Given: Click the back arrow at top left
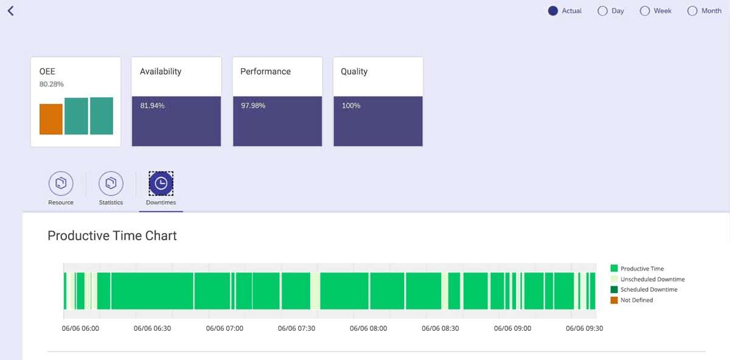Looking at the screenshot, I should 10,11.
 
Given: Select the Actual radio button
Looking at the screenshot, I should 553,11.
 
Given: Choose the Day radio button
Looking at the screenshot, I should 603,11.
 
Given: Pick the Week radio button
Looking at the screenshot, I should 645,11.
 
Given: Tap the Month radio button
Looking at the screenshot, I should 692,11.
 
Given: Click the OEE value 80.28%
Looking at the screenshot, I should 52,84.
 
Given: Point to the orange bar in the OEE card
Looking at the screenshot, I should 51,119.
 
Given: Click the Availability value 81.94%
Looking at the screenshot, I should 152,106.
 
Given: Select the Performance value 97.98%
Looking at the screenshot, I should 253,106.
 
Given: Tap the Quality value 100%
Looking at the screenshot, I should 351,106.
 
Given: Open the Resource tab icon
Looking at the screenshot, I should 60,183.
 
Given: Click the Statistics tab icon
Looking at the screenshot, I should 111,183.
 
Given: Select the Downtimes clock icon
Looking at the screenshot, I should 161,183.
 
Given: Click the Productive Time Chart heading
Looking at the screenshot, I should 112,236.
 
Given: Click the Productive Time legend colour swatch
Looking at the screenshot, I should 614,268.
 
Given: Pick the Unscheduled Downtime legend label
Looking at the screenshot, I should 652,279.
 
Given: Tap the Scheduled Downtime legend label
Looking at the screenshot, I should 648,289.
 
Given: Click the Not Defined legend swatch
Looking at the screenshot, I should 614,300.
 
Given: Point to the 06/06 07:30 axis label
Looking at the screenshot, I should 296,328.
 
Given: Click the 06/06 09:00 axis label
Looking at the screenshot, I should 512,328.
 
